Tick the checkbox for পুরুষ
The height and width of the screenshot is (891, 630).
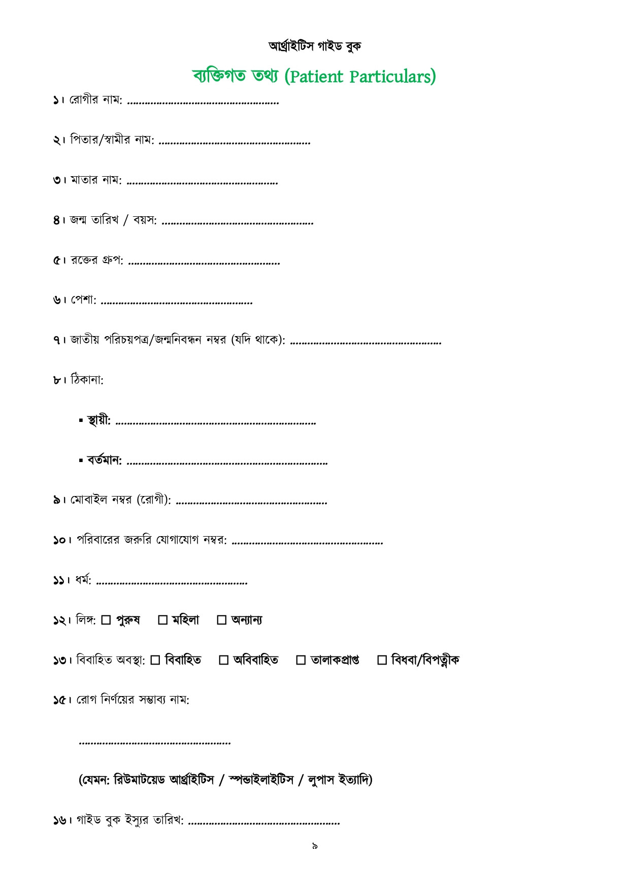point(106,620)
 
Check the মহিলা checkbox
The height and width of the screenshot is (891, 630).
point(163,620)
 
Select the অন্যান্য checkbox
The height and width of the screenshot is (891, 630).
point(221,620)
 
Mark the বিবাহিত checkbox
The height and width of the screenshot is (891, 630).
point(155,660)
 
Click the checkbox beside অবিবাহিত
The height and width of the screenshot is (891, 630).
point(223,660)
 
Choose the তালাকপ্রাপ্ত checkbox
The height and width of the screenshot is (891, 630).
point(301,660)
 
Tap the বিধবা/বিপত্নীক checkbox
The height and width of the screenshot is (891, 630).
point(382,660)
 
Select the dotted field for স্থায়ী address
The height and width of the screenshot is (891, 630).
point(216,423)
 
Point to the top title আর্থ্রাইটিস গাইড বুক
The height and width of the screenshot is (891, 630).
point(315,46)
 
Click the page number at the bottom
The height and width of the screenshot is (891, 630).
point(315,846)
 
